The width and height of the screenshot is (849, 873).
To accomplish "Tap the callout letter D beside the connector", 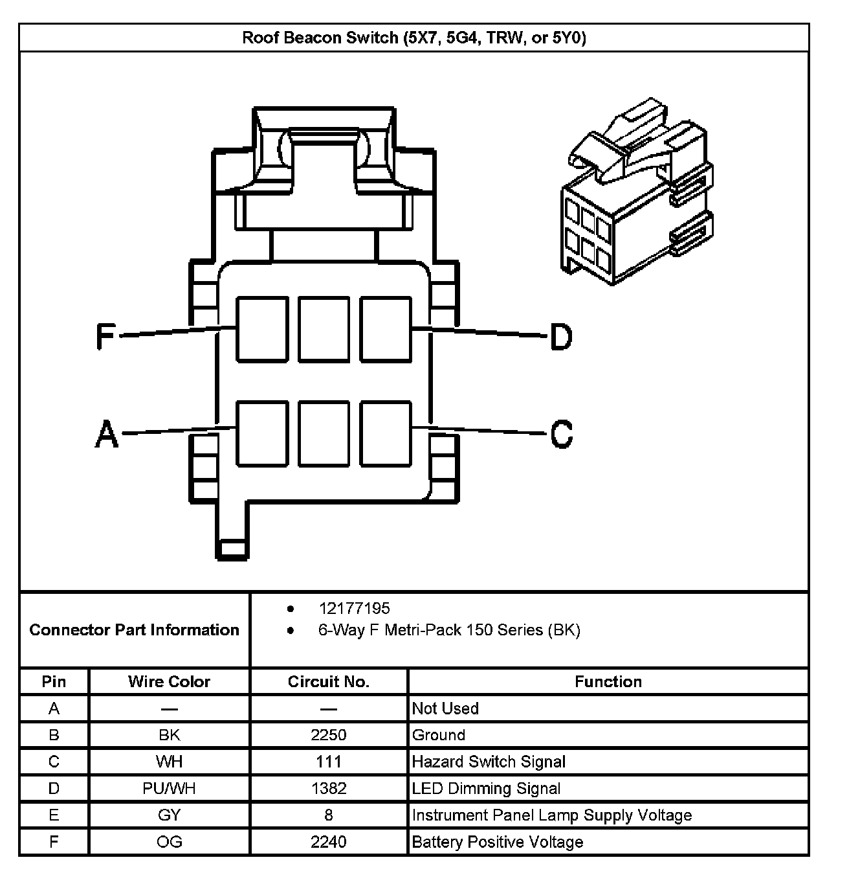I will [x=561, y=337].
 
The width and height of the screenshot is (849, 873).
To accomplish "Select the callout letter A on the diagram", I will [x=107, y=433].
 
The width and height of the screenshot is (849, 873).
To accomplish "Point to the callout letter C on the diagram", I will [x=561, y=433].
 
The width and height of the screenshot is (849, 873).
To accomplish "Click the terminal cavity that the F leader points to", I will [x=262, y=329].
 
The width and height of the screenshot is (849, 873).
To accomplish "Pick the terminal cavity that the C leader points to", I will [x=386, y=433].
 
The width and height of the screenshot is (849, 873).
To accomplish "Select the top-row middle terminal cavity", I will [x=324, y=329].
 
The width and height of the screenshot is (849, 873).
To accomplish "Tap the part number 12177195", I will [x=354, y=608].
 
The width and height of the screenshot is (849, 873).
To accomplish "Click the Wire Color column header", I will [x=169, y=681].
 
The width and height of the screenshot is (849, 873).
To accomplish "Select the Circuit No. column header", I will [x=328, y=681].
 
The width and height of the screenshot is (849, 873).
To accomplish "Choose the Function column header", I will [x=608, y=681].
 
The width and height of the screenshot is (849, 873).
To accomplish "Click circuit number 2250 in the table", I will [x=328, y=735].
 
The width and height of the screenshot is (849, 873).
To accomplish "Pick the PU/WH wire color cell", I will [x=169, y=788].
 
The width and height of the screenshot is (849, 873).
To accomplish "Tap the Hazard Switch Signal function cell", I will [x=489, y=762].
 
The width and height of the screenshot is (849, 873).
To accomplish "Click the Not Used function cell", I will [x=445, y=709].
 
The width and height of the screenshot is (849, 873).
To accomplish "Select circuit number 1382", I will [x=328, y=788].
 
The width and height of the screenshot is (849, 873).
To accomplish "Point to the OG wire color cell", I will [x=169, y=842].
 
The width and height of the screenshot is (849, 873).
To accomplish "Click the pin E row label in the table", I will [x=54, y=815].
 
